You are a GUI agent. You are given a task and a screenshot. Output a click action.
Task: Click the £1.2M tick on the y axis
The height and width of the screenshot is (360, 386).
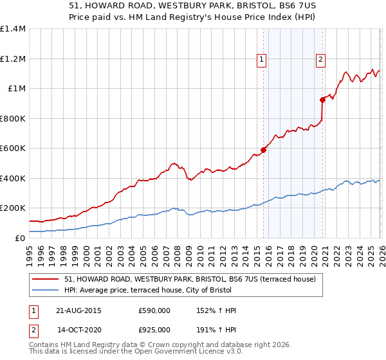point(13,59)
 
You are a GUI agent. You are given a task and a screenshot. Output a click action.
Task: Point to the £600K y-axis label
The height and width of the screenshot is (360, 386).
point(13,148)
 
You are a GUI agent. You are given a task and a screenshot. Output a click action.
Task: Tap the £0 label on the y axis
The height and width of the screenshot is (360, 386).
point(20,238)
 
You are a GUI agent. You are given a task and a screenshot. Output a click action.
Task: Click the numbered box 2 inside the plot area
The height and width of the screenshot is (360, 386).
point(320,60)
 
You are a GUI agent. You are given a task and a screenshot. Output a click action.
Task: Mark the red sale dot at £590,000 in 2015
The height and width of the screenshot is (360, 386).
point(263,150)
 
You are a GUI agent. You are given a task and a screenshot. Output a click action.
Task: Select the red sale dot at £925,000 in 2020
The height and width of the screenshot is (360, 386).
point(322,100)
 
